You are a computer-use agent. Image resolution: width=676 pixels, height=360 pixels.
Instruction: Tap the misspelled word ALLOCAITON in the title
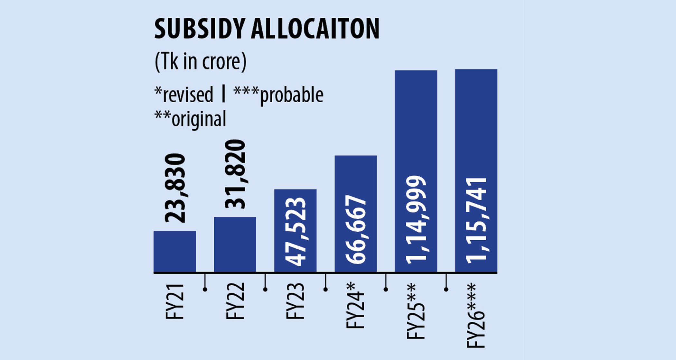315,29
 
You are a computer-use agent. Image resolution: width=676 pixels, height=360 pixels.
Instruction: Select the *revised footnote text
184,95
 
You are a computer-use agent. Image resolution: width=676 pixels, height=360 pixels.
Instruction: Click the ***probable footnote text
278,95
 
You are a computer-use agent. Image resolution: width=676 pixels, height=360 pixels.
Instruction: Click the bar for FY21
175,252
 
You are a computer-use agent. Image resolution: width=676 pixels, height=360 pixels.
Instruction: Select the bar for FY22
235,245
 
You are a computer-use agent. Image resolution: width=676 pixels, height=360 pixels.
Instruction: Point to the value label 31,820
235,174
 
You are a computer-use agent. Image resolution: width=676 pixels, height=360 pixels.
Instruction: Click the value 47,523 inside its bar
296,232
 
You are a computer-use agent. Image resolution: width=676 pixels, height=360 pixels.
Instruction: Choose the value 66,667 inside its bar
356,229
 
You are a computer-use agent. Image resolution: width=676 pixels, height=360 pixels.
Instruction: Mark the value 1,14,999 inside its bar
416,220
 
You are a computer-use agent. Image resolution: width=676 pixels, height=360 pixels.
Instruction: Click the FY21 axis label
175,301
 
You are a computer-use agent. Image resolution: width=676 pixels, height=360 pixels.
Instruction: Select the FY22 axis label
235,301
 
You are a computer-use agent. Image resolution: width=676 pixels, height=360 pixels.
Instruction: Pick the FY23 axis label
296,301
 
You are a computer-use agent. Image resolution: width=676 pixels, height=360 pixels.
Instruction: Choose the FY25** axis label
416,311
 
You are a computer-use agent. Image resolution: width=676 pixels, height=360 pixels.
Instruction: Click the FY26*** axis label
476,315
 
